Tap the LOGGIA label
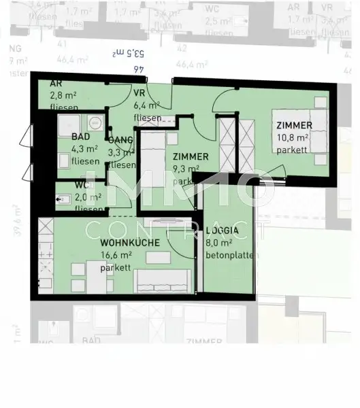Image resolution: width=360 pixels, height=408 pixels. tap(223, 230)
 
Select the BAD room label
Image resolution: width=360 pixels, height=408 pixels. tap(81, 136)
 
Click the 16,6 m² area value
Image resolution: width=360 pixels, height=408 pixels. tap(116, 255)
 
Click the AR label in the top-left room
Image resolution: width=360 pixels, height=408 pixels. tap(56, 83)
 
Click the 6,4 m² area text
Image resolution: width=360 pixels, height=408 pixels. tap(146, 105)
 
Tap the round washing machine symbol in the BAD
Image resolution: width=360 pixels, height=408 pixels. tap(94, 123)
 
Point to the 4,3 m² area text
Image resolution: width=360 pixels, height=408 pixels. tap(85, 149)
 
